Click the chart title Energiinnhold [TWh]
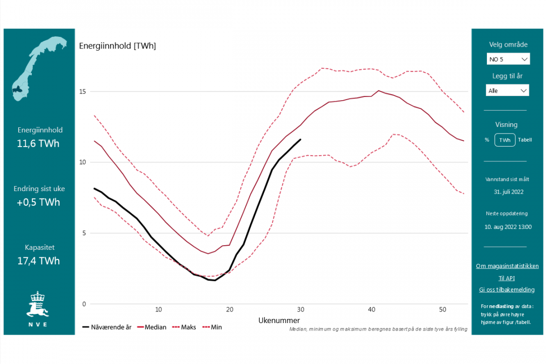point(117,46)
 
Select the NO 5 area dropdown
point(508,59)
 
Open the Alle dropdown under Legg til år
point(508,90)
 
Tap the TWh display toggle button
point(505,140)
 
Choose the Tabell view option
point(525,140)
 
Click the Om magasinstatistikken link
point(507,266)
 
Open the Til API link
point(507,278)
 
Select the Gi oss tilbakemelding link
point(507,290)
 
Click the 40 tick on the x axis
point(372,309)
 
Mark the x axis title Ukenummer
point(279,320)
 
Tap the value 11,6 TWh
point(38,144)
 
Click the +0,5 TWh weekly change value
point(38,202)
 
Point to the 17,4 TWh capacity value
point(38,261)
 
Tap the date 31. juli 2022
point(509,192)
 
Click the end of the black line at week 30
point(300,140)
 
